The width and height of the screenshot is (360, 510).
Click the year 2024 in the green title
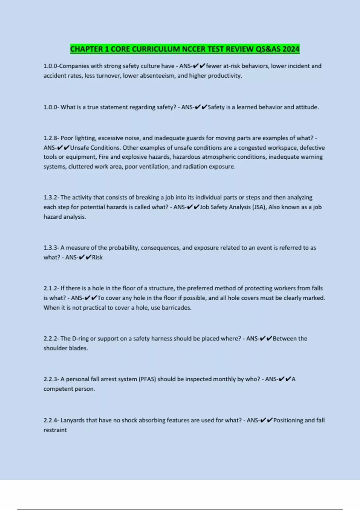click(291, 49)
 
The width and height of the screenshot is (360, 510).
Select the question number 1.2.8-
click(51, 138)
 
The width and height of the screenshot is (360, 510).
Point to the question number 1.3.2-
click(51, 197)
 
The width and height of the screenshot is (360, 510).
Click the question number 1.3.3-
click(51, 248)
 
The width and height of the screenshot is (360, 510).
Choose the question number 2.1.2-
click(51, 288)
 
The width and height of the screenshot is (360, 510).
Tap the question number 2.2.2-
click(51, 339)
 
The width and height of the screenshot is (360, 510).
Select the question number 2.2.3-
click(51, 379)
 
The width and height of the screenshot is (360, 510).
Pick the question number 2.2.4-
click(51, 420)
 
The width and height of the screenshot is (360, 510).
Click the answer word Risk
click(97, 257)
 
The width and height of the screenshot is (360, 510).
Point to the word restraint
click(55, 430)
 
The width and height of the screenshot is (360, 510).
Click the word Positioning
click(288, 420)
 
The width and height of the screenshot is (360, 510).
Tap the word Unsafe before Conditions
click(79, 148)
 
